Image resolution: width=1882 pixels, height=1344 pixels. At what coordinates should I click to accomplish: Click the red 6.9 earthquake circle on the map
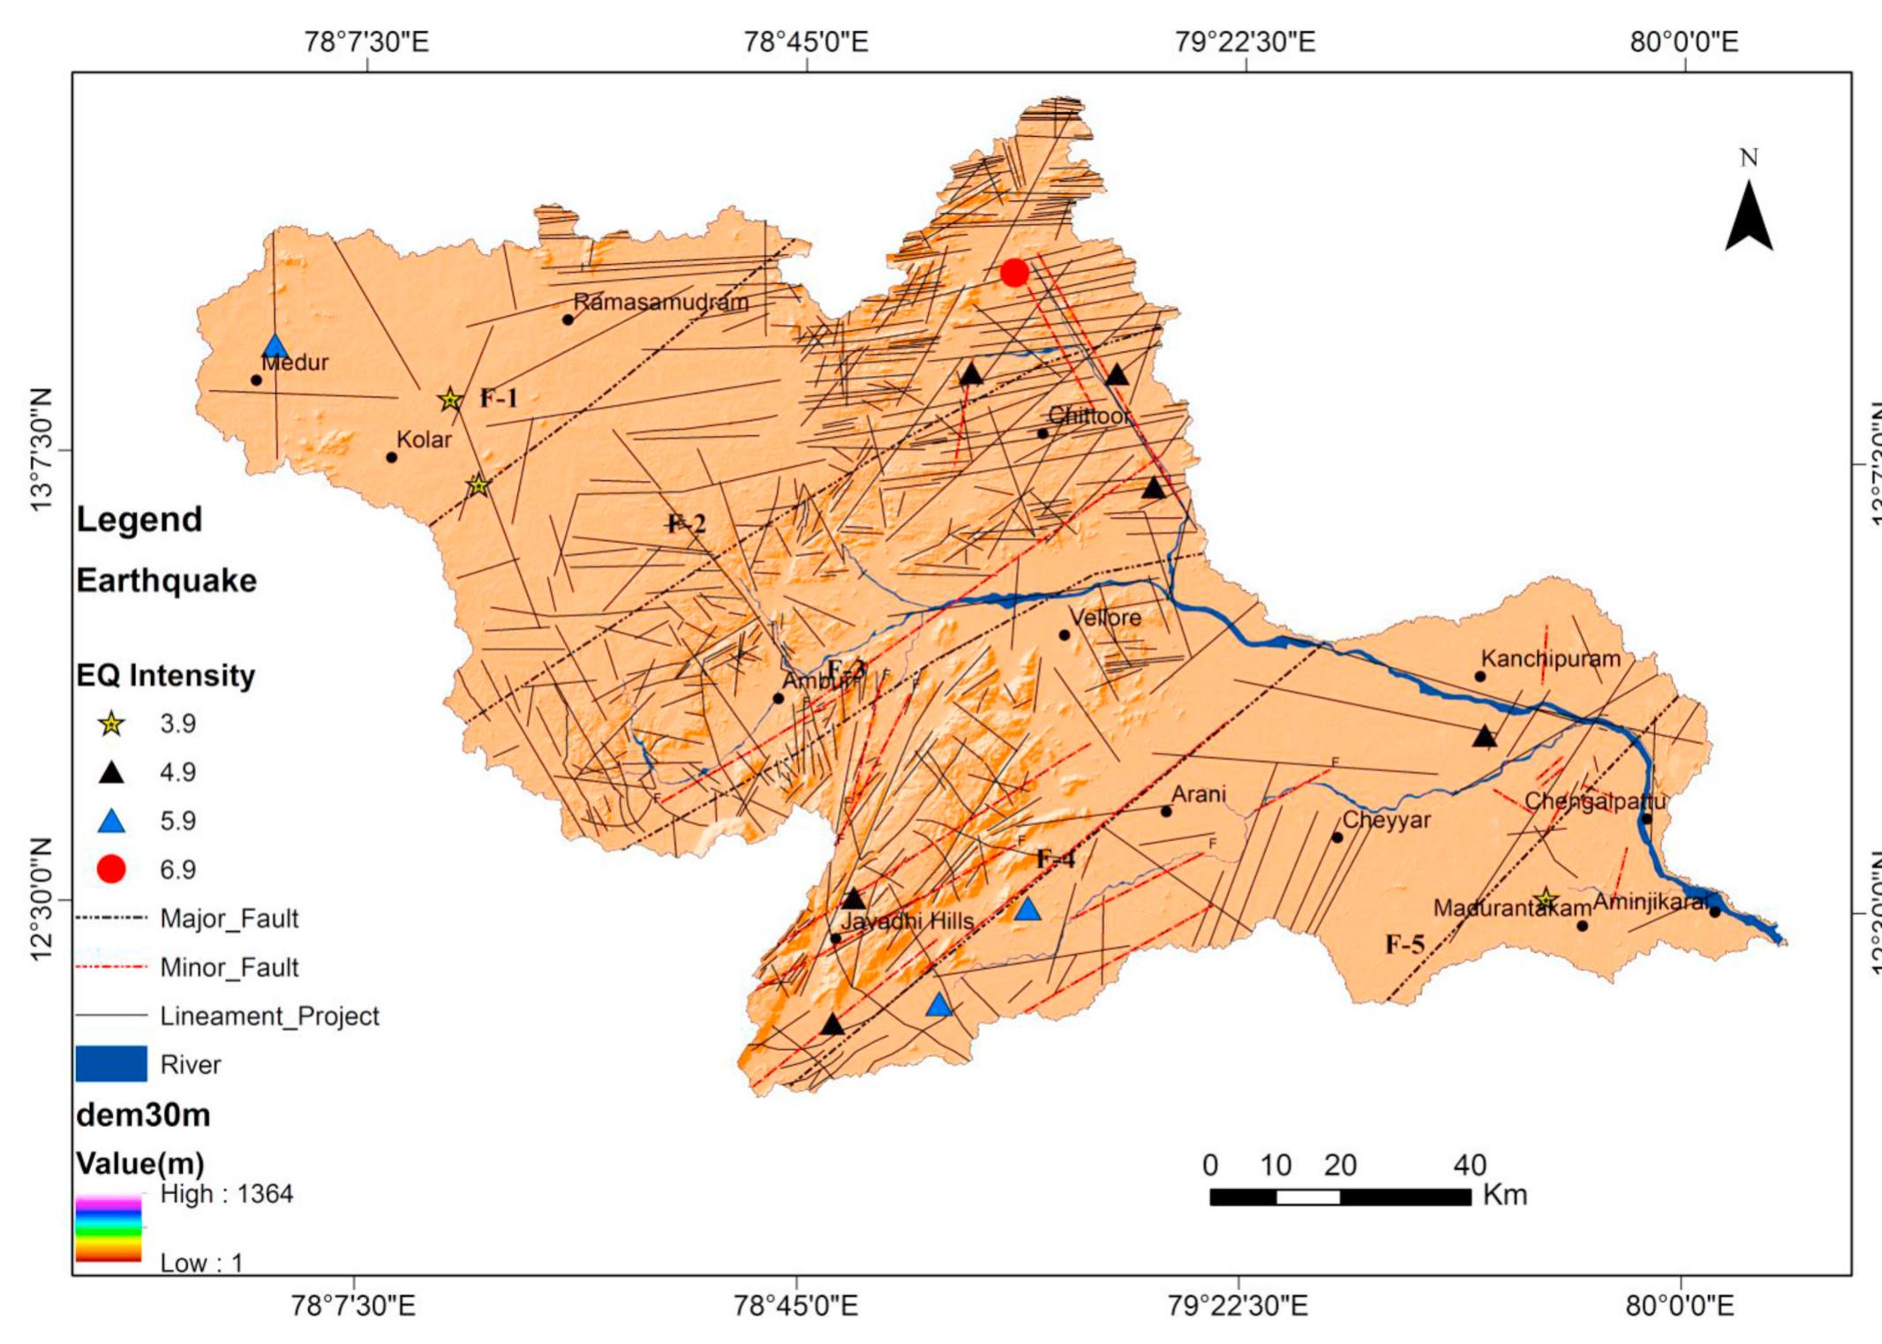point(1014,273)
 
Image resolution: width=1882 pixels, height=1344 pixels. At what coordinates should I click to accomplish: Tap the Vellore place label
point(1105,618)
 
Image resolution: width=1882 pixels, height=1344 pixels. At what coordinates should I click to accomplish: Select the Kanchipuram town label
point(1550,659)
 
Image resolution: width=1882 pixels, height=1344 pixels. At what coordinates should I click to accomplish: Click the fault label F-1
point(499,399)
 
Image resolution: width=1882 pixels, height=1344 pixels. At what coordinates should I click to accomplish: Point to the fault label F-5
point(1404,945)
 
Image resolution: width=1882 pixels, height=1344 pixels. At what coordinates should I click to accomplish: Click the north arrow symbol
point(1749,216)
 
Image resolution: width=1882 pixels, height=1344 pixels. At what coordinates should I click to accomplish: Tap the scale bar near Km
point(1340,1197)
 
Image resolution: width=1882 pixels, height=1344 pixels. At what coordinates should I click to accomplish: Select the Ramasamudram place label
point(661,302)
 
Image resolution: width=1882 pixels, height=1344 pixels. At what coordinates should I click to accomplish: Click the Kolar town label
point(424,439)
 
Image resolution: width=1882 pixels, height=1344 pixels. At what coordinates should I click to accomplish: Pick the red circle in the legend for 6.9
point(111,869)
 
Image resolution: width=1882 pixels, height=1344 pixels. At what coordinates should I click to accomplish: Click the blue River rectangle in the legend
point(111,1064)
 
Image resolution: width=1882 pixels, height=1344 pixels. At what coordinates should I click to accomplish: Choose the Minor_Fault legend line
point(111,967)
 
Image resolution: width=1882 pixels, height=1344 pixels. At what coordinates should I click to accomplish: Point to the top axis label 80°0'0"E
point(1683,41)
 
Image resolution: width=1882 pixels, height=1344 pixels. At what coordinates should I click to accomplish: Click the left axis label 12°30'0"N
point(41,899)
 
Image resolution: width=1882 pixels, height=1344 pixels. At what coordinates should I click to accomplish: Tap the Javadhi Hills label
point(907,921)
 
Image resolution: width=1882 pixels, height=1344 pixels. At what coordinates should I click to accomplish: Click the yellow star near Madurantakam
point(1545,900)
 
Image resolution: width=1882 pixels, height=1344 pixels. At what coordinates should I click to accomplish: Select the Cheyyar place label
point(1386,821)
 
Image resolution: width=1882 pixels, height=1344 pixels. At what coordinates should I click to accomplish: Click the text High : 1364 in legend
point(226,1194)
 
